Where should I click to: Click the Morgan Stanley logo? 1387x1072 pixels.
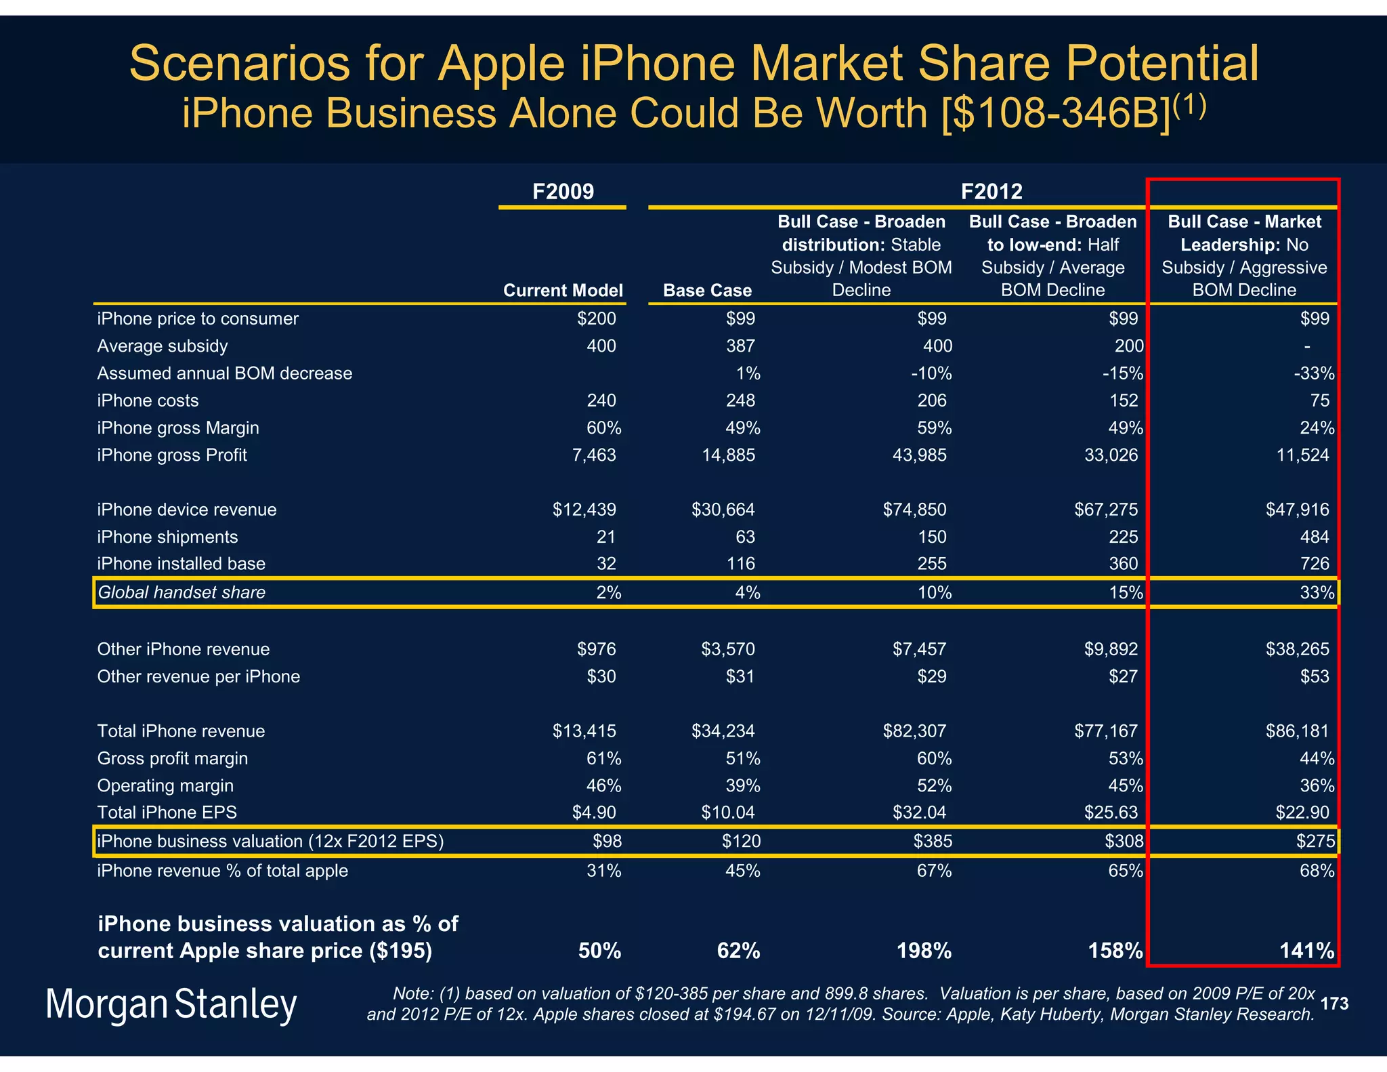click(x=171, y=1004)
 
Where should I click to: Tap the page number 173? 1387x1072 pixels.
click(x=1333, y=1004)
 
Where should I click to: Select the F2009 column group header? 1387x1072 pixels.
click(x=563, y=192)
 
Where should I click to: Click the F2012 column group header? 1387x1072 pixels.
click(x=991, y=192)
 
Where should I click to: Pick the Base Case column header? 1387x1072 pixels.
click(x=707, y=291)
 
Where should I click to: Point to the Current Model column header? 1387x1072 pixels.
click(x=563, y=291)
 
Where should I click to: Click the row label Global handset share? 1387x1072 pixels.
click(x=182, y=592)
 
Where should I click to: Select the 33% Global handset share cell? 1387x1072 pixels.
click(x=1317, y=593)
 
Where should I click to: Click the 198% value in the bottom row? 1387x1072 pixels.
click(x=924, y=951)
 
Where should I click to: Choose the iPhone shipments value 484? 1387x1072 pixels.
click(x=1314, y=537)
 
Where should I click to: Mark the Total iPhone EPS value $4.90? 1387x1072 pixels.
click(x=593, y=812)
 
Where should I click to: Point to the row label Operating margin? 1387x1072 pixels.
click(x=165, y=785)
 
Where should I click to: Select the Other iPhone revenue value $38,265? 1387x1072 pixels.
click(x=1297, y=649)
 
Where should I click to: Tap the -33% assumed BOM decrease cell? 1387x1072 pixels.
click(x=1314, y=373)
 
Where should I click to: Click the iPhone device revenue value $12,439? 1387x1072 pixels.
click(x=584, y=510)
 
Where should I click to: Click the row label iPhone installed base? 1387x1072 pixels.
click(x=181, y=564)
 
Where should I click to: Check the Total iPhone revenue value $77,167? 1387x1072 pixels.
click(x=1105, y=731)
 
